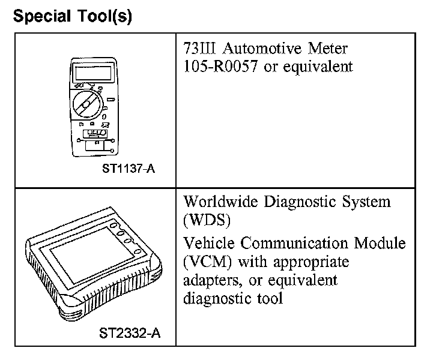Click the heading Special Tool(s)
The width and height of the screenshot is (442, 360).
point(72,16)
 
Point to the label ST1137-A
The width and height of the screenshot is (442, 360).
point(128,169)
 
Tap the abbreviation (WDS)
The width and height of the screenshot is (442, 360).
point(207,220)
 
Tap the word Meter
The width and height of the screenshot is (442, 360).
point(328,48)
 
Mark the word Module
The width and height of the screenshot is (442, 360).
point(382,244)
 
